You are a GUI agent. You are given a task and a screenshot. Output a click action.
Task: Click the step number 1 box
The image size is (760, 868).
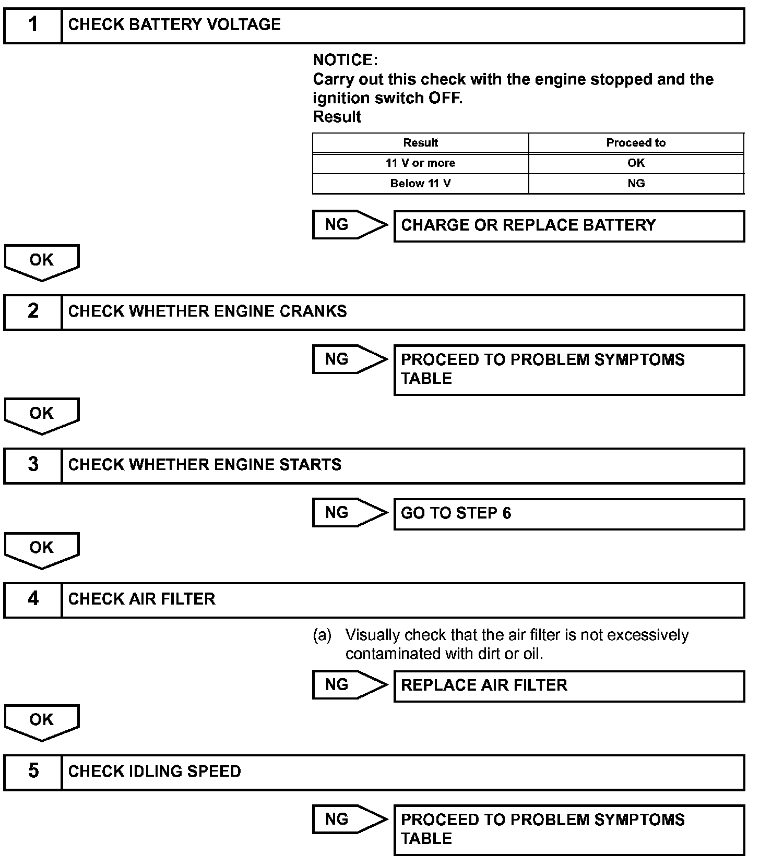[x=33, y=25]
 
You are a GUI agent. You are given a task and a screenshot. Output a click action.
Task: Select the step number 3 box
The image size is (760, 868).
[x=33, y=465]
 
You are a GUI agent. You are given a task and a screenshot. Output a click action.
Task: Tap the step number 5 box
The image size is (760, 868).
[x=33, y=771]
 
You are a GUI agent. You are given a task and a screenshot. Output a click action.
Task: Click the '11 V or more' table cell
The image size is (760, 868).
[x=420, y=163]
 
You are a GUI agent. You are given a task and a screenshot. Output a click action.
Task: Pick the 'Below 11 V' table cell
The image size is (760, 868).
[x=420, y=184]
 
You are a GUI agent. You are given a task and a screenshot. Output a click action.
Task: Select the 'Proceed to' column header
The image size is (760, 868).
[x=636, y=143]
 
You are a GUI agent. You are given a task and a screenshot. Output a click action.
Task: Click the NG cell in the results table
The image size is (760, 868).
[x=636, y=184]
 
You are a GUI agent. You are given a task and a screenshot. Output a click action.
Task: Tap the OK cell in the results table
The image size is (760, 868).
[x=636, y=163]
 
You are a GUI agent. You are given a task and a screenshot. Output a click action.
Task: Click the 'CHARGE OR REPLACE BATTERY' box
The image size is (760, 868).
[x=569, y=225]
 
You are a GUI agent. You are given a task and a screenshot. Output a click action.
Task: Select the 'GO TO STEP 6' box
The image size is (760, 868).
[x=569, y=514]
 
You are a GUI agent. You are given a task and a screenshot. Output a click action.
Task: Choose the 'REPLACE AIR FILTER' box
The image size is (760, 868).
[x=569, y=685]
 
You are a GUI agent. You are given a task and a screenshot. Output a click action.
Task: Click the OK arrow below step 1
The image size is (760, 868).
[x=42, y=261]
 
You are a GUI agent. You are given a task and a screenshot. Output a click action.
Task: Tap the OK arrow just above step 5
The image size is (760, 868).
[x=42, y=721]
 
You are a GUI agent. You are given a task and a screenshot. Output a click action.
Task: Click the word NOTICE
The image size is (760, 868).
[x=345, y=60]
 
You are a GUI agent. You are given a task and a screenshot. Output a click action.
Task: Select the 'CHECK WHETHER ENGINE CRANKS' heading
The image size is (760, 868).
[x=207, y=311]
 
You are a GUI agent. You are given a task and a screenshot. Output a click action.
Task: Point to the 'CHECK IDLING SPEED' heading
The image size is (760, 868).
[x=155, y=771]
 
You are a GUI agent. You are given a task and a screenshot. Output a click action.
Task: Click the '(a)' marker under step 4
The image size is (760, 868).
[x=322, y=635]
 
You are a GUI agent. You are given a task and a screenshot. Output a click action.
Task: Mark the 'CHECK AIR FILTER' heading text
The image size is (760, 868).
[x=141, y=599]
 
